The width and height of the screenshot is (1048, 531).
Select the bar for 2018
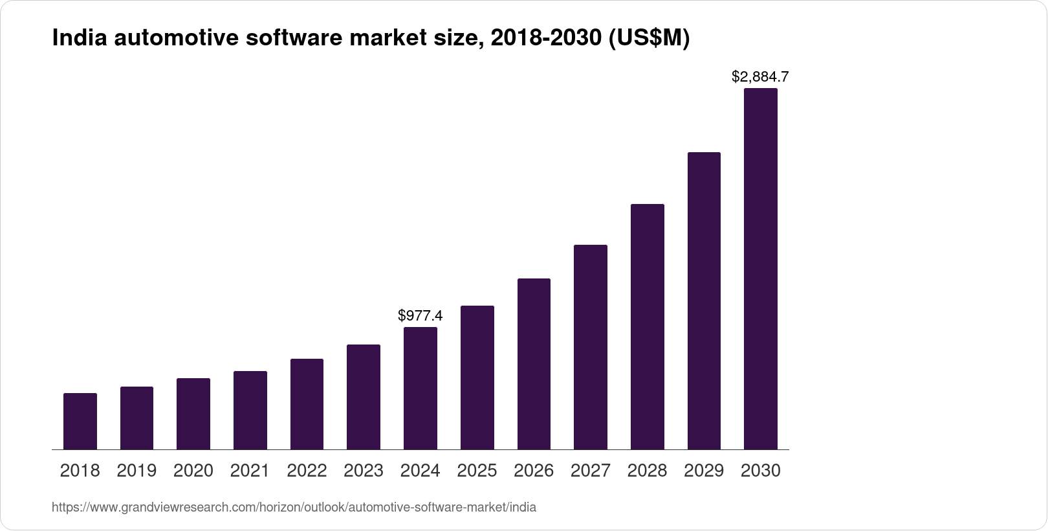pyautogui.click(x=80, y=421)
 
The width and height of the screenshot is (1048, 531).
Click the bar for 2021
pyautogui.click(x=250, y=410)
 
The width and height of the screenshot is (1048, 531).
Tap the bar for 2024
pyautogui.click(x=420, y=388)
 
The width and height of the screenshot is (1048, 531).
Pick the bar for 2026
pyautogui.click(x=534, y=364)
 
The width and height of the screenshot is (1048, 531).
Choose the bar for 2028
pyautogui.click(x=647, y=326)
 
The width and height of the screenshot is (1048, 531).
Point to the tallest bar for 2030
pyautogui.click(x=761, y=269)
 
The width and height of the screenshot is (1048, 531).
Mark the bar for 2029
pyautogui.click(x=704, y=300)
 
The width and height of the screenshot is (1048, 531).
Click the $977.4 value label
pyautogui.click(x=420, y=315)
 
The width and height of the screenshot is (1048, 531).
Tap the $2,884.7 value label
pyautogui.click(x=760, y=76)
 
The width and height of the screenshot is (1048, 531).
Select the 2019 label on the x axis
pyautogui.click(x=136, y=471)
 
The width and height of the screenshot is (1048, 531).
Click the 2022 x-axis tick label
pyautogui.click(x=307, y=471)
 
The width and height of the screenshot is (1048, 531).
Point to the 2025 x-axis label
pyautogui.click(x=477, y=471)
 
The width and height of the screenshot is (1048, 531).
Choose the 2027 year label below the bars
pyautogui.click(x=591, y=471)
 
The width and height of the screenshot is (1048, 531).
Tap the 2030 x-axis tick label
pyautogui.click(x=761, y=471)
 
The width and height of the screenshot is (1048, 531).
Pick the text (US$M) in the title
pyautogui.click(x=649, y=39)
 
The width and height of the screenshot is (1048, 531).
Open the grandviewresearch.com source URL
pyautogui.click(x=294, y=507)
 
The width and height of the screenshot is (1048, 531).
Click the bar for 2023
pyautogui.click(x=364, y=397)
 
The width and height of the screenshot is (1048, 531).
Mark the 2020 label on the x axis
pyautogui.click(x=193, y=471)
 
